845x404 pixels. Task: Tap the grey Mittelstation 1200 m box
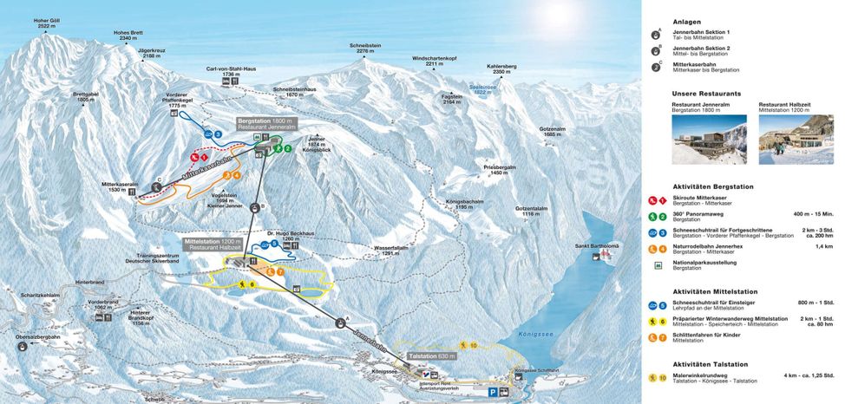(212, 244)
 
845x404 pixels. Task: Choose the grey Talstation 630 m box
(432, 355)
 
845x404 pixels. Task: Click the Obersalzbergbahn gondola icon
(21, 347)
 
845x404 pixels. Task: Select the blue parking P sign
(493, 393)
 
